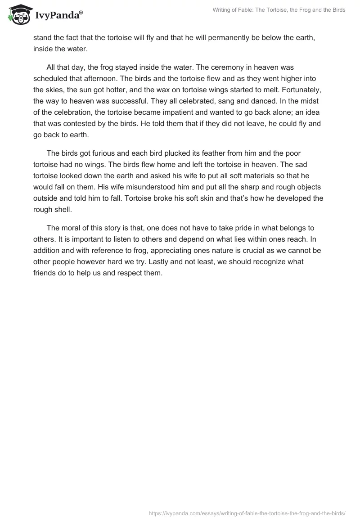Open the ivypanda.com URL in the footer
[247, 512]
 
